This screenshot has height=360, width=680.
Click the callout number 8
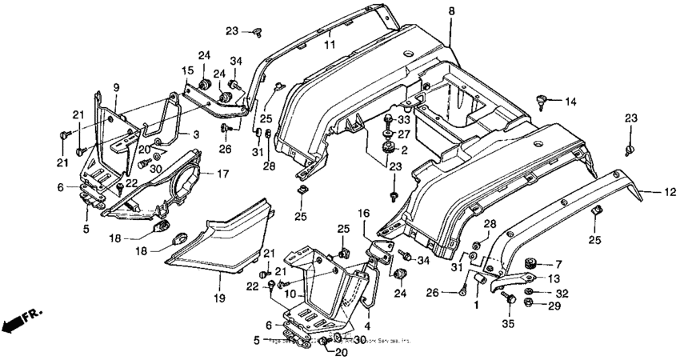click(450, 10)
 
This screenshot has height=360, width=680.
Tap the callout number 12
click(670, 191)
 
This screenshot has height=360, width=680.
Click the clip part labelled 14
click(542, 100)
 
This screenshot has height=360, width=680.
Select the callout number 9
click(116, 86)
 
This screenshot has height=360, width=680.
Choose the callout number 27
click(403, 134)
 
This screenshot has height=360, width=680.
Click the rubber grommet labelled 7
click(529, 263)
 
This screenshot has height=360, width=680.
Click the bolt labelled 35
click(507, 298)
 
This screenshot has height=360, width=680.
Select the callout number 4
click(367, 326)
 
